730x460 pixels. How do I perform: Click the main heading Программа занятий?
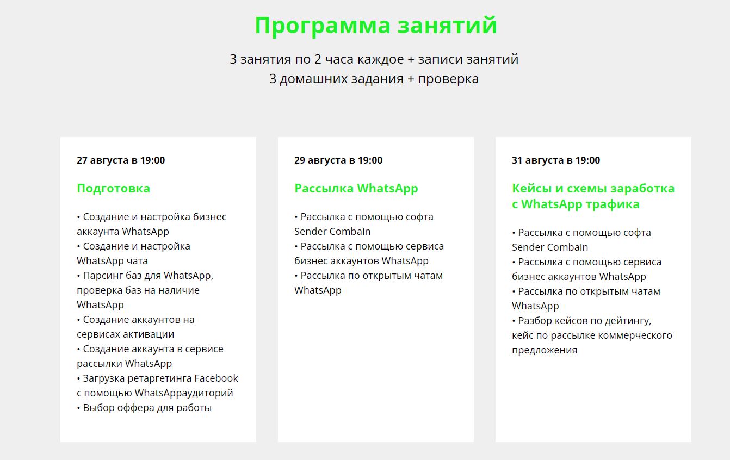376,26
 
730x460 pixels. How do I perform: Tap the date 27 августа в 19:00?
121,160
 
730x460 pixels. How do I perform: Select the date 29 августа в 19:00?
338,160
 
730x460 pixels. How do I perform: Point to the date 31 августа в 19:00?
556,160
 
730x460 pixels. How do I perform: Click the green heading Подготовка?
113,189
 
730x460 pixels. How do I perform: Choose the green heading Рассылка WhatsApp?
356,189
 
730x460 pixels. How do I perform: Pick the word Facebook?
216,378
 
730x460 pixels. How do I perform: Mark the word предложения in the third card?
545,350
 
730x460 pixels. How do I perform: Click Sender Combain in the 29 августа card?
332,232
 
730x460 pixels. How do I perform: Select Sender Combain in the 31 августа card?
550,247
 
